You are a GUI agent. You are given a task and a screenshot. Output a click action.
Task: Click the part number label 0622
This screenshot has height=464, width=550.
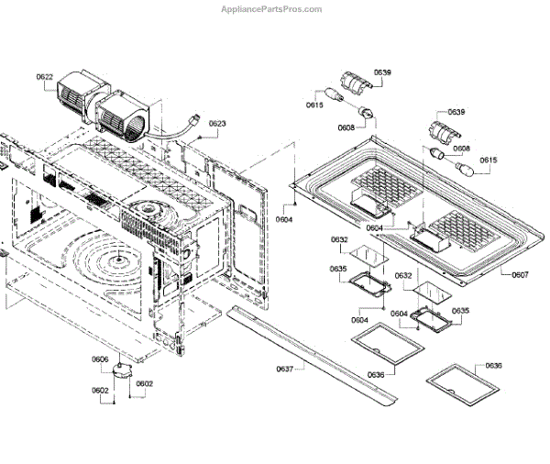tap(45, 77)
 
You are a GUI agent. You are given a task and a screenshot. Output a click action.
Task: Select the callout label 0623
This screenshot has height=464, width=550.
tap(216, 124)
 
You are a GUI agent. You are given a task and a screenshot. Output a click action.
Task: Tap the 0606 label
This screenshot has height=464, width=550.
tap(100, 359)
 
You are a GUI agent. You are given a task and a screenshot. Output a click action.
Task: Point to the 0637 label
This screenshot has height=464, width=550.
tap(285, 370)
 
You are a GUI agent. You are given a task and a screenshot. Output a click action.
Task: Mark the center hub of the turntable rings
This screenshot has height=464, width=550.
tap(117, 263)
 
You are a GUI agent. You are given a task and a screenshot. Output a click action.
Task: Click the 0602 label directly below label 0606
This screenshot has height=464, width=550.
tap(100, 391)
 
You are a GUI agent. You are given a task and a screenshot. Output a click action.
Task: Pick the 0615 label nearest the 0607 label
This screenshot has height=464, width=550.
tap(488, 160)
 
